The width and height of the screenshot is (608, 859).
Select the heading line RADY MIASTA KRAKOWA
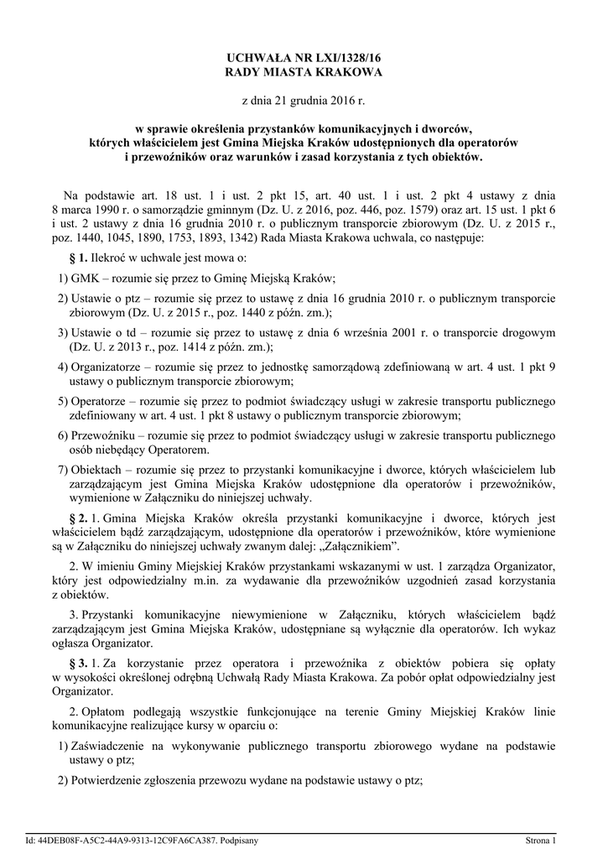tap(304, 73)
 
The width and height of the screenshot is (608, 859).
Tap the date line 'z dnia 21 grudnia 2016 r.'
tap(304, 102)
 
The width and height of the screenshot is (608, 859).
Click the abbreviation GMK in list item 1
tap(86, 278)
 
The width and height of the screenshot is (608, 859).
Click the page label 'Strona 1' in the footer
tap(540, 840)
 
